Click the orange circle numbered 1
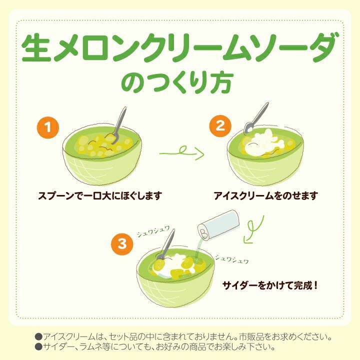(47, 128)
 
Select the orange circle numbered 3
(122, 244)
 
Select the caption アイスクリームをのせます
(265, 195)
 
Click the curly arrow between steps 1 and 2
(181, 151)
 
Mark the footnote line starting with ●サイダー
(155, 346)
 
